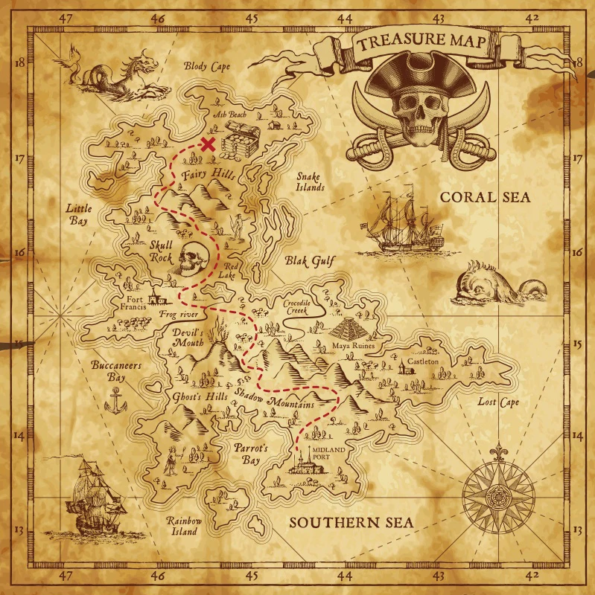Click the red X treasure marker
click(209, 144)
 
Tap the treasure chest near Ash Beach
click(240, 141)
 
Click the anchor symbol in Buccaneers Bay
click(115, 402)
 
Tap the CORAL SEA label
click(484, 197)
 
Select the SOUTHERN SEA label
click(351, 522)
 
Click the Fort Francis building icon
click(156, 299)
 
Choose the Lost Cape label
click(498, 402)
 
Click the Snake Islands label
click(310, 181)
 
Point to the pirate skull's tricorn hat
click(421, 77)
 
